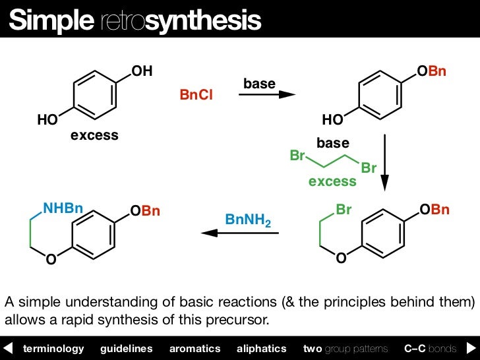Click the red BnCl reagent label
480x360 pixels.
[x=196, y=96]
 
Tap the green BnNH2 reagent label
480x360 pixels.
[x=248, y=220]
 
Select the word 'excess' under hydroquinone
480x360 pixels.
[x=94, y=136]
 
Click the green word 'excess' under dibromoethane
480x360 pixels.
[x=332, y=181]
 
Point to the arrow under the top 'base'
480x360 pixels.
[x=266, y=95]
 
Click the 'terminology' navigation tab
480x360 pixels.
[x=53, y=348]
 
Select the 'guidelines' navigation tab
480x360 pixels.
[x=126, y=348]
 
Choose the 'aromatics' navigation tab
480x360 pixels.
[x=195, y=348]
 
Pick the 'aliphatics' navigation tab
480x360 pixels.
[x=261, y=348]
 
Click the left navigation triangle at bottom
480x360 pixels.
[x=9, y=348]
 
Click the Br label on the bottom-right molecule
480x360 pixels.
[x=344, y=210]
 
